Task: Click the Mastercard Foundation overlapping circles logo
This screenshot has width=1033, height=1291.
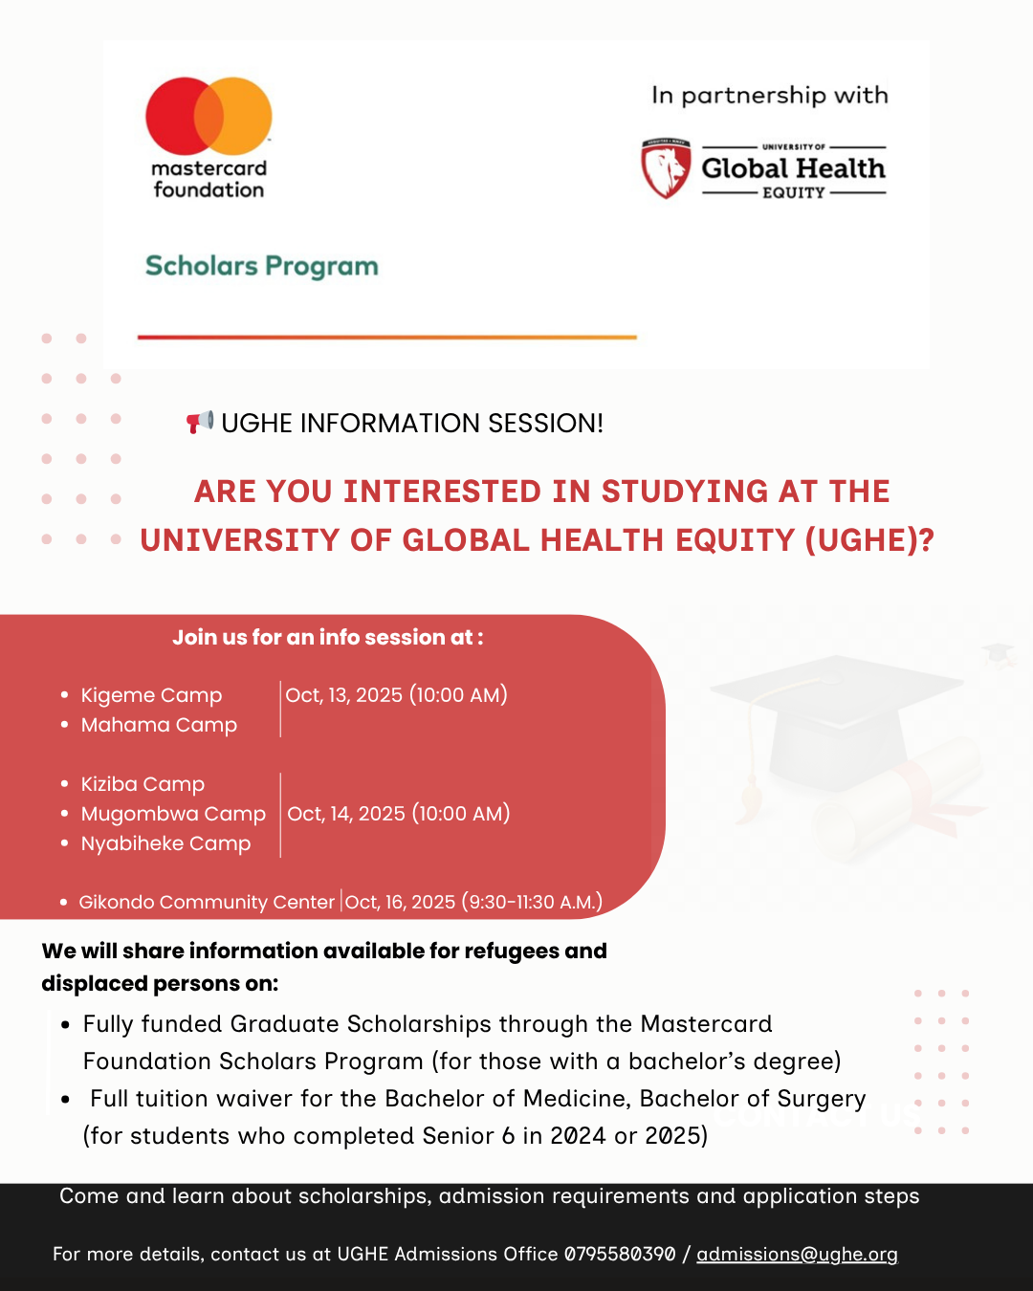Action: coord(209,116)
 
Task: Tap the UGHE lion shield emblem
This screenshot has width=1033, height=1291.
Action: coord(666,169)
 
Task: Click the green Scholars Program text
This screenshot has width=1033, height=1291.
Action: coord(261,266)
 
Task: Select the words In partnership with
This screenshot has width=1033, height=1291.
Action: coord(770,96)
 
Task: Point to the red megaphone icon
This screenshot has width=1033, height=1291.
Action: coord(199,422)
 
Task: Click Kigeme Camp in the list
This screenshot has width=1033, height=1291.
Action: coord(151,695)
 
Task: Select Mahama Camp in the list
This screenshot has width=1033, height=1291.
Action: coord(159,725)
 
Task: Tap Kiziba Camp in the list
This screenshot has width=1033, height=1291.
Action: coord(143,784)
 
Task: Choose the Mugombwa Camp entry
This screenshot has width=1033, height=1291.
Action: coord(173,814)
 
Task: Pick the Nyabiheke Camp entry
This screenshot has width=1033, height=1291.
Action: coord(165,843)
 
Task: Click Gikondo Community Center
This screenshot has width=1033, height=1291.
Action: coord(207,902)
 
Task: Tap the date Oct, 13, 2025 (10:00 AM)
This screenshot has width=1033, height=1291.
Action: coord(396,695)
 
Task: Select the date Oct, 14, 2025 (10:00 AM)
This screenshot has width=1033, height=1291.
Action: coord(398,814)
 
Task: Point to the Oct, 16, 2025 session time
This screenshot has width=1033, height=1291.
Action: coord(473,902)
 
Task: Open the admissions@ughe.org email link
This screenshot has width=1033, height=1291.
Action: coord(797,1254)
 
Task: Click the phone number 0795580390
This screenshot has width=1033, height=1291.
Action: coord(620,1254)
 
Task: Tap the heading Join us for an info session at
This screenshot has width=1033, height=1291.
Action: coord(327,637)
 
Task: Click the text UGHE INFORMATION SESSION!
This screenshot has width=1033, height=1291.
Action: coord(412,423)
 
